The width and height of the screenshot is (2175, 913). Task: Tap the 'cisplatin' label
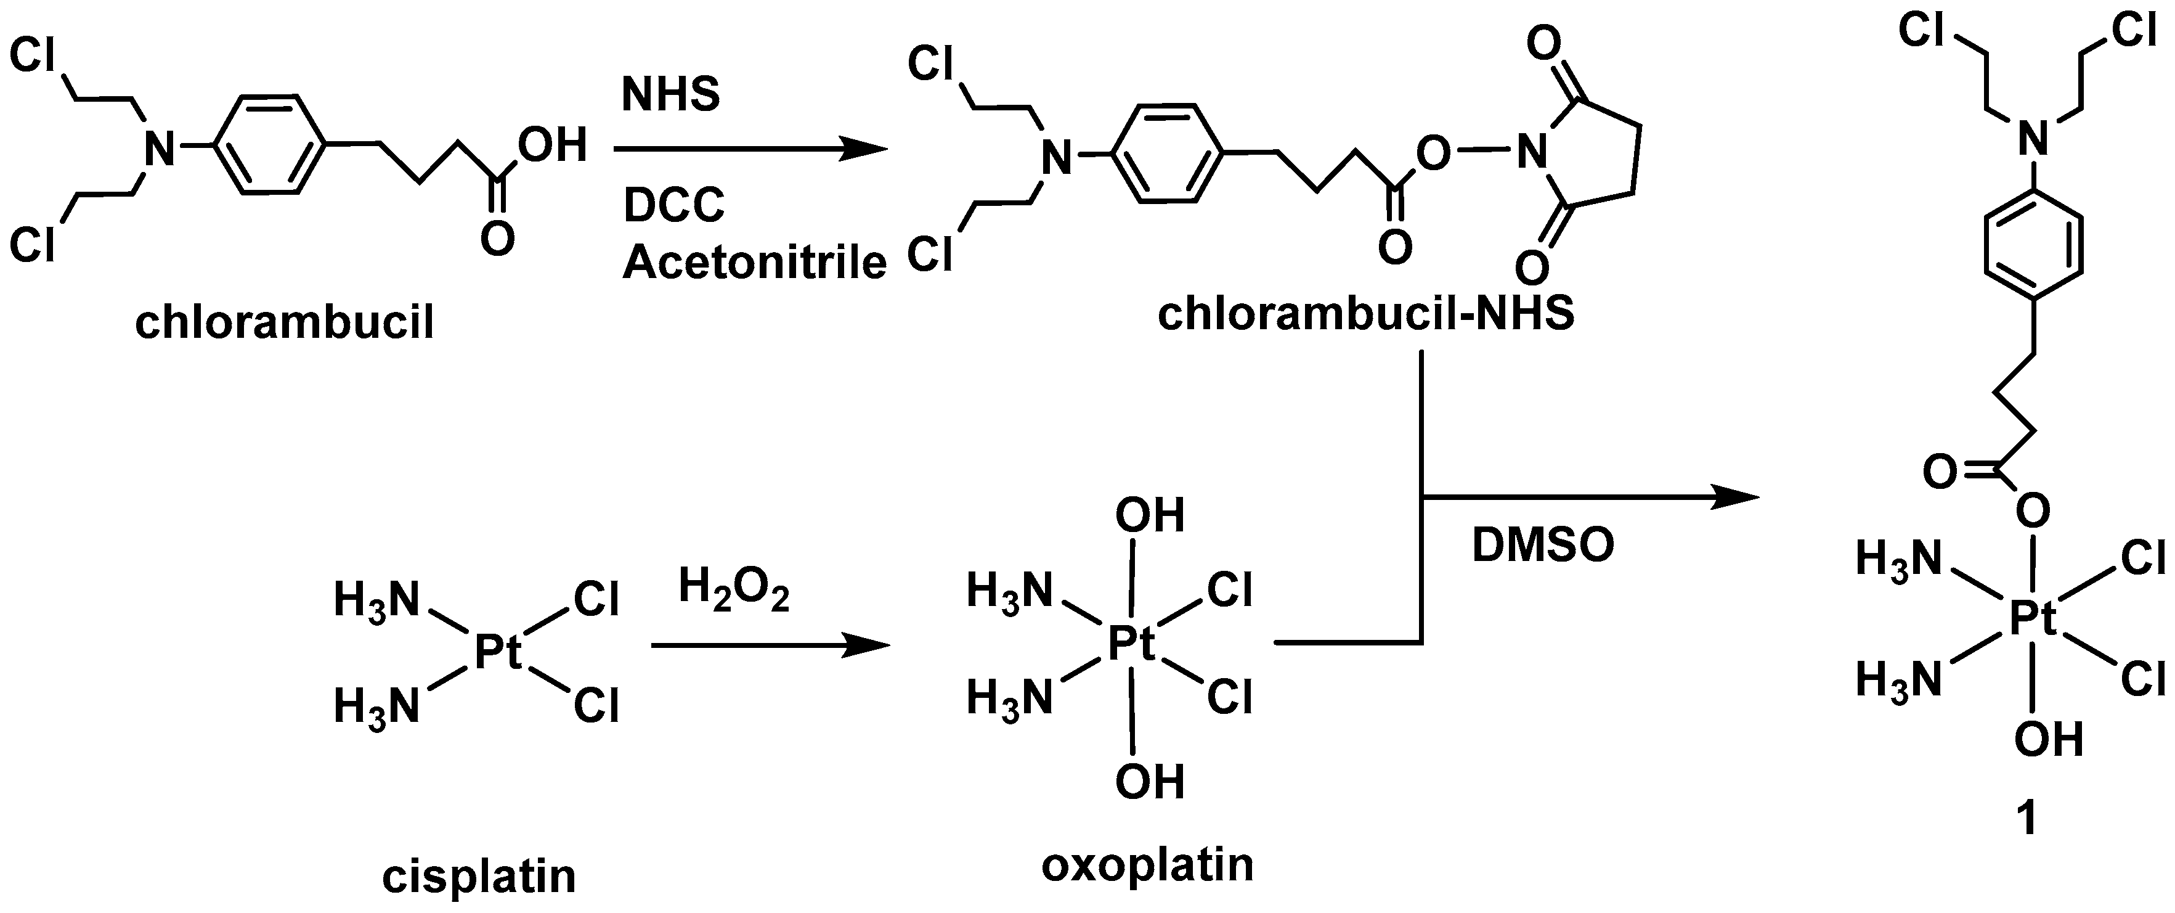click(x=479, y=876)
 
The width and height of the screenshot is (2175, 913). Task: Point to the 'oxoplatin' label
click(x=1147, y=865)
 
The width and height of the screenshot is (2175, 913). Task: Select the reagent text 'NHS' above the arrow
click(x=670, y=94)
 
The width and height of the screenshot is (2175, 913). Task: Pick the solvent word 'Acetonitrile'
click(x=754, y=263)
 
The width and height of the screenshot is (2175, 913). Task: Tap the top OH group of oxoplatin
click(x=1149, y=515)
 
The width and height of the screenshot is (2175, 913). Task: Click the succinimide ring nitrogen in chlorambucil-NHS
click(x=1531, y=153)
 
